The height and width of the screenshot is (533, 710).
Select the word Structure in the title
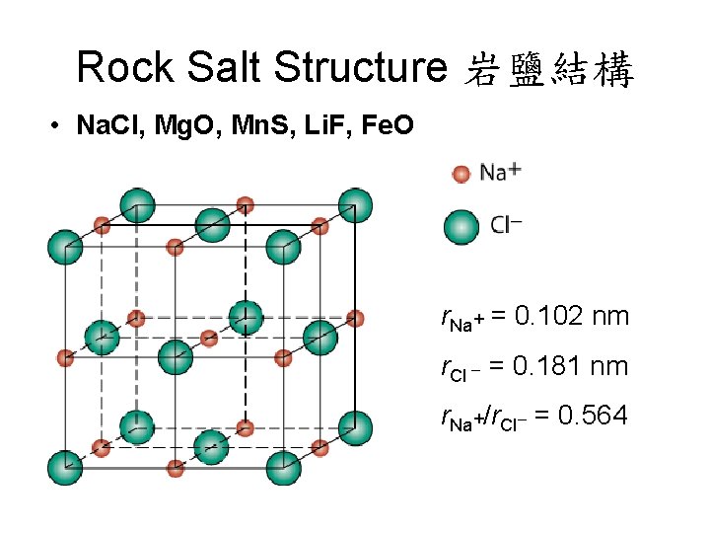[x=361, y=67]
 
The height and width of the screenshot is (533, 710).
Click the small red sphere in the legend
[x=461, y=175]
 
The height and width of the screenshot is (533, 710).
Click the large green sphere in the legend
[x=461, y=226]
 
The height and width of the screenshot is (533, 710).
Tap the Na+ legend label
[x=501, y=172]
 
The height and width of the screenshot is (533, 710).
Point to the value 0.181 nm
[x=573, y=366]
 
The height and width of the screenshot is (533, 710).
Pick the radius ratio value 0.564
[x=592, y=416]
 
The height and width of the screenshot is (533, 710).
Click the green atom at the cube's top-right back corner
[x=355, y=205]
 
